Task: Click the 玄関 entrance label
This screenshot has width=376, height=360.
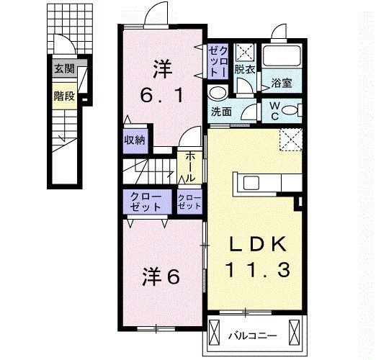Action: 63,69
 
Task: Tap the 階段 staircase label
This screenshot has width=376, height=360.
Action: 63,96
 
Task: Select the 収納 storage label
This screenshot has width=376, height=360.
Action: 135,140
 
